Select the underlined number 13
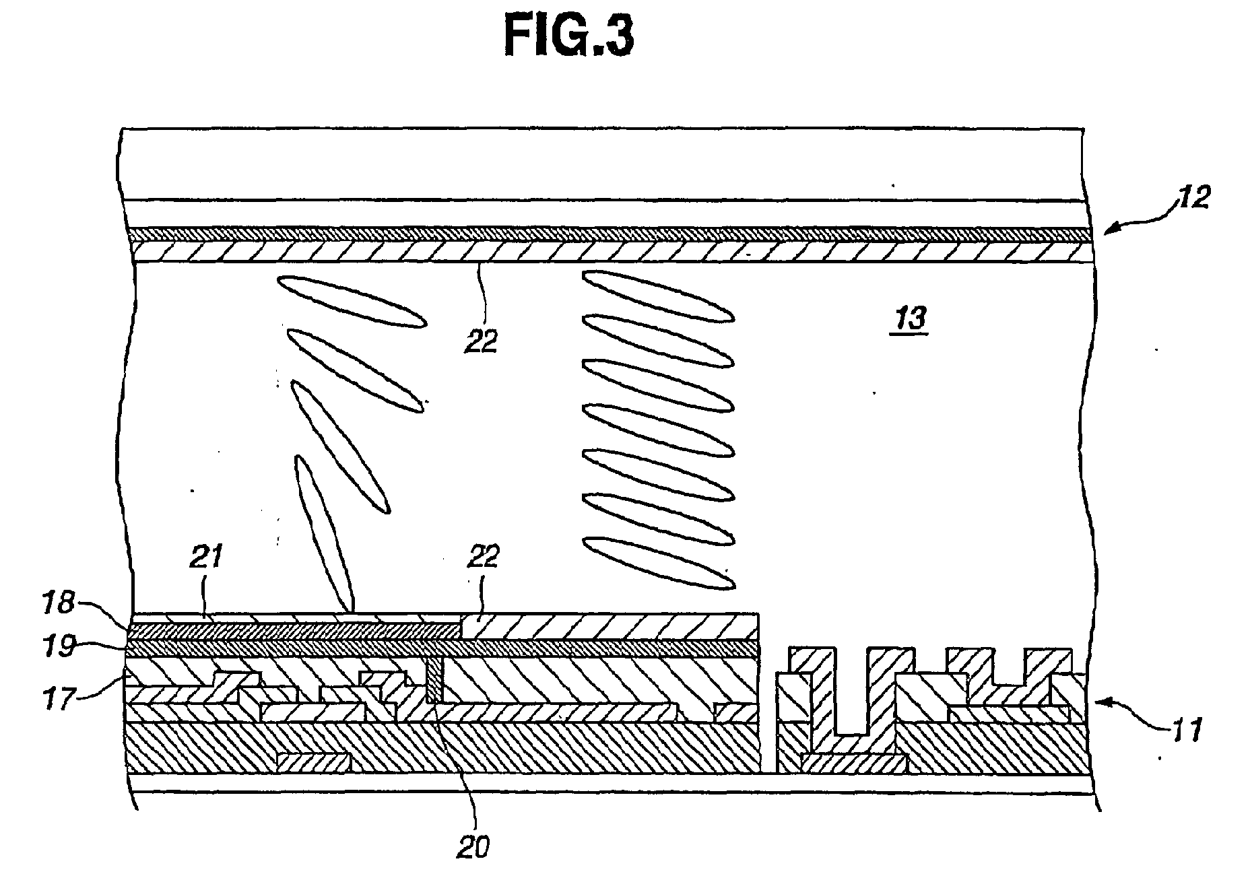tap(911, 318)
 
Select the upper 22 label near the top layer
tap(481, 342)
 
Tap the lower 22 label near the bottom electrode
tap(482, 557)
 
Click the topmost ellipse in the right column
tap(657, 296)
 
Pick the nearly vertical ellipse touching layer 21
tap(325, 532)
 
